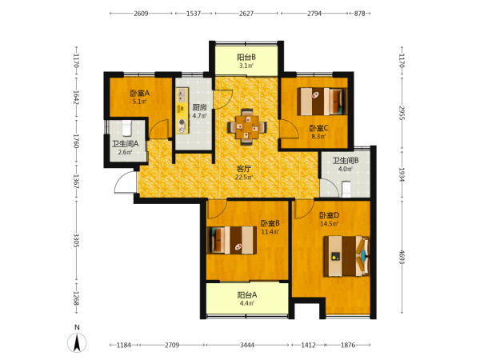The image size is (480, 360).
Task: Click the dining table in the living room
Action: (246, 126)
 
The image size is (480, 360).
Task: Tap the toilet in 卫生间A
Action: (126, 128)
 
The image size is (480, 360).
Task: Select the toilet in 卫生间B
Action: (346, 189)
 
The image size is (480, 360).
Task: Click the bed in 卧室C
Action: (322, 102)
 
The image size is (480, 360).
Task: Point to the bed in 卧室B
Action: (232, 240)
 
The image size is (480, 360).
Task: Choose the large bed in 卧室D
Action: (347, 256)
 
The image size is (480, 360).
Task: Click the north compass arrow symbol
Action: (77, 342)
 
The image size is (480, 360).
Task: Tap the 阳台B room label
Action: (246, 58)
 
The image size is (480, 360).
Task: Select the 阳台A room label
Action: (247, 294)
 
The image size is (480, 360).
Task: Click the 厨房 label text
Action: (199, 107)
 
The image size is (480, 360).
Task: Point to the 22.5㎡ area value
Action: (244, 178)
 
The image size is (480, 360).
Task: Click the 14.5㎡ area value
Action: (329, 224)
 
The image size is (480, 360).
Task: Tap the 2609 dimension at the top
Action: (141, 14)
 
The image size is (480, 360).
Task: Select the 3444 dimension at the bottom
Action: (247, 345)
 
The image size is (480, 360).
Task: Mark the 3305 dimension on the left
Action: (76, 241)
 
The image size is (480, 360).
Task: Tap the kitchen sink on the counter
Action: (182, 95)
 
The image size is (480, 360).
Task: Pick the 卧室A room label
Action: (139, 93)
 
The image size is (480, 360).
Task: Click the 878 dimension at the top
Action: (360, 14)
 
